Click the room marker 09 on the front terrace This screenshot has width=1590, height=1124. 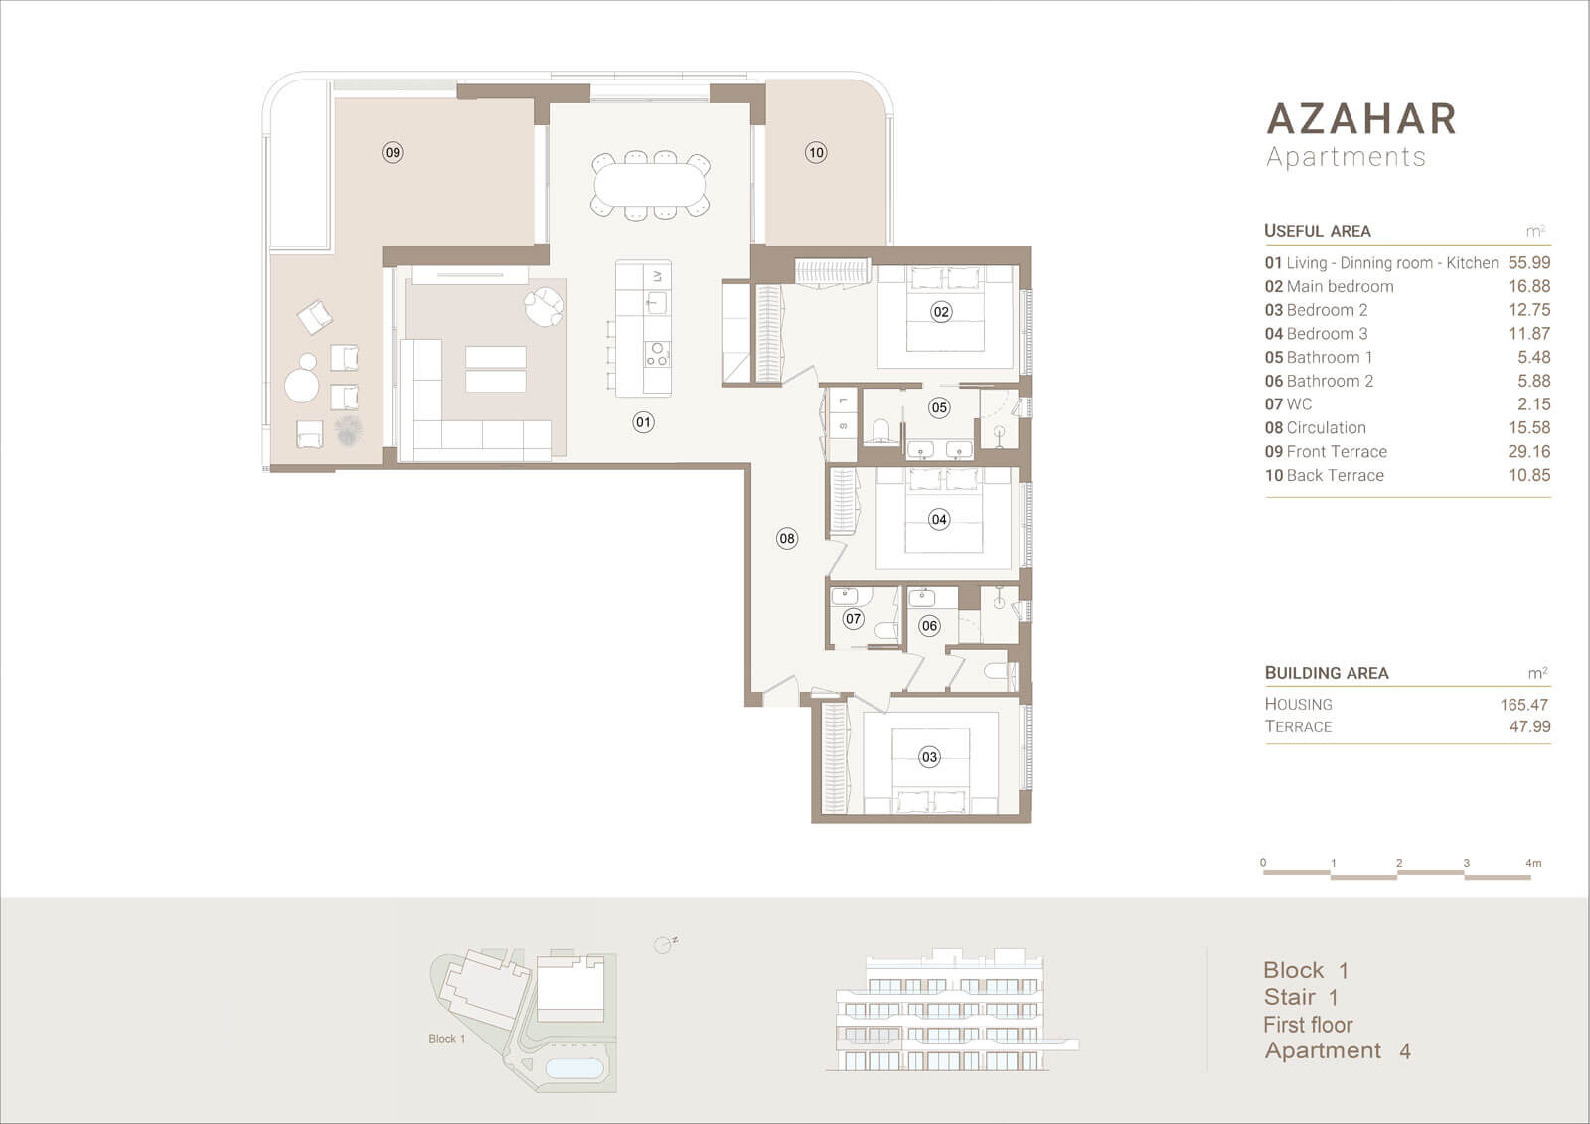393,152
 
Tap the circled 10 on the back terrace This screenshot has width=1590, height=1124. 816,152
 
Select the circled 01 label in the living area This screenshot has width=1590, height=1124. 643,422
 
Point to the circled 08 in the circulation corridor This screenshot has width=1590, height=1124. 787,539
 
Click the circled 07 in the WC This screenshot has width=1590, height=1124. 854,618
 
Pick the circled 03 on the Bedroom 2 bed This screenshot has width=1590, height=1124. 930,757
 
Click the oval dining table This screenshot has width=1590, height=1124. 650,185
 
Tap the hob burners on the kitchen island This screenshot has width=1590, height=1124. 657,354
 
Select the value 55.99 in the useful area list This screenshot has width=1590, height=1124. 1529,262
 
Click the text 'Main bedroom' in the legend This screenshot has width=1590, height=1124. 1341,286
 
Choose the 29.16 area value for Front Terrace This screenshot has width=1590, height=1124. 1529,451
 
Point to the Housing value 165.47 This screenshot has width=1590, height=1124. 1524,705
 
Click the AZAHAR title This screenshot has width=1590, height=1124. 1361,118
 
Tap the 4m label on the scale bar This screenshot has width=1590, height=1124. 1533,863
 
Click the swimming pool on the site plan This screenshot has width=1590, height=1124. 574,1068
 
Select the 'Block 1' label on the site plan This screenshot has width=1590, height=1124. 446,1039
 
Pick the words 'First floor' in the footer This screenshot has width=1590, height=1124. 1308,1025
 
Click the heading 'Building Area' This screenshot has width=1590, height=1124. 1327,673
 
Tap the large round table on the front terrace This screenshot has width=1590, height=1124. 302,386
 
